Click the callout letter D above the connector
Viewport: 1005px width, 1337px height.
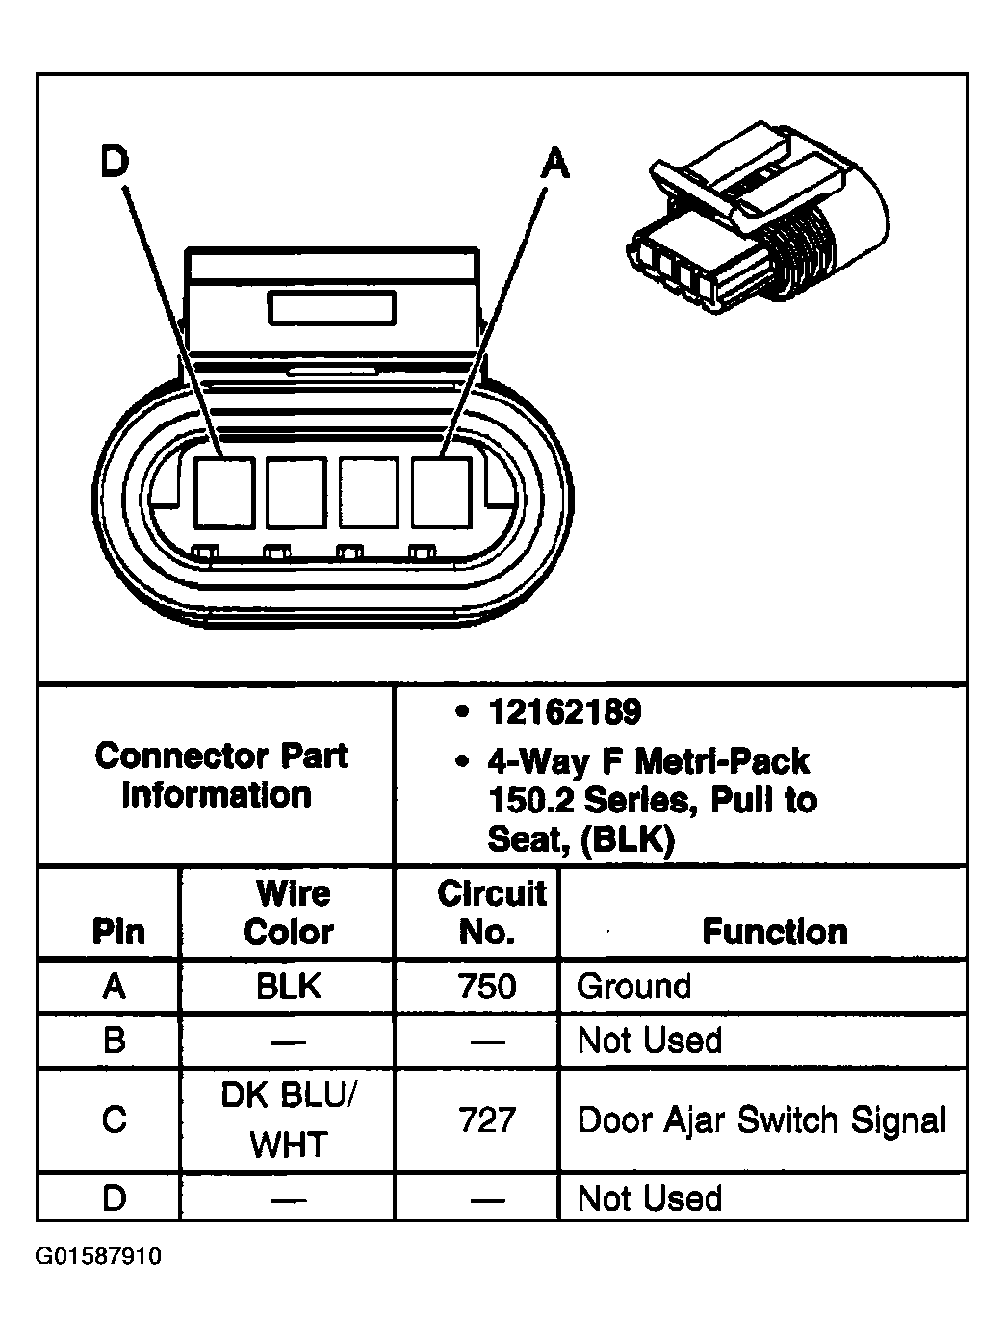114,162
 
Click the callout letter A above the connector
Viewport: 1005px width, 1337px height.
554,163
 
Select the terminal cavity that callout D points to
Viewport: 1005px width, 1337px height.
225,492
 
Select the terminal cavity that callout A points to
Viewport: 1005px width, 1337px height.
441,492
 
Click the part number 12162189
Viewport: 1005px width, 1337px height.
564,712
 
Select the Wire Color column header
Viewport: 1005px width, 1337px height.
289,913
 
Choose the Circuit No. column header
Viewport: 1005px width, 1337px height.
490,913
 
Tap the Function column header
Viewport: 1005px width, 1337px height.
774,931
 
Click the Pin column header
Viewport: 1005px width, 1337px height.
117,931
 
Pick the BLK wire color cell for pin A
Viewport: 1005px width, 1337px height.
289,986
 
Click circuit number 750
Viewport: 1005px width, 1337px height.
488,986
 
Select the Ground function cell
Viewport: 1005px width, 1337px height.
633,986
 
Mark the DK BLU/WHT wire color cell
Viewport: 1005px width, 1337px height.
289,1119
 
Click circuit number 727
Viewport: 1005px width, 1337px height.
488,1119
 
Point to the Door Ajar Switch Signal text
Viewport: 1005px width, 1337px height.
761,1119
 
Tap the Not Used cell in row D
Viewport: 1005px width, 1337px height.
649,1198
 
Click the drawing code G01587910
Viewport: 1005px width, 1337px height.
99,1257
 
